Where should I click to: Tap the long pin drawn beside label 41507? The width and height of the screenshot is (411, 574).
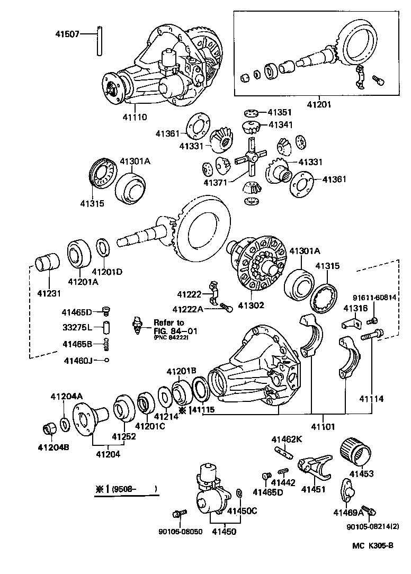point(99,40)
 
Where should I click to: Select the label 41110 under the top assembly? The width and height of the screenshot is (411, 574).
point(135,117)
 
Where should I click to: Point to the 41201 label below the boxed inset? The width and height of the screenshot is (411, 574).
point(318,104)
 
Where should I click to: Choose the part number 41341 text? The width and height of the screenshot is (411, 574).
point(280,125)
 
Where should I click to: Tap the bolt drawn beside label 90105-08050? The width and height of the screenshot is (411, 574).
point(178,513)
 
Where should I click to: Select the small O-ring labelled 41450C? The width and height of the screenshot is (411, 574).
point(239,494)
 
